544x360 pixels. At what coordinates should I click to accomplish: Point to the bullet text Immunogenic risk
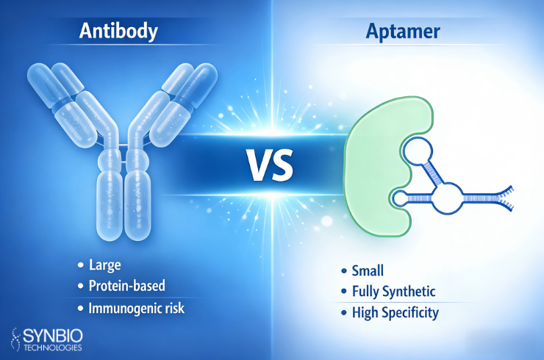(x=136, y=309)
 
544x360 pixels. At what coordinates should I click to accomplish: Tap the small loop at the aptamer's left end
(x=398, y=198)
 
